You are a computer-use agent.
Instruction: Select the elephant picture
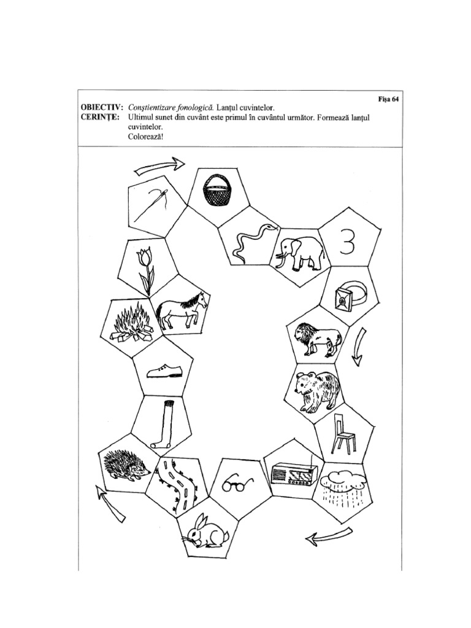299,251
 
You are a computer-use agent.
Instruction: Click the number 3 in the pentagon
347,244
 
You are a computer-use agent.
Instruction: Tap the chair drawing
344,434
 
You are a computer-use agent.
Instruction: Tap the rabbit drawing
206,532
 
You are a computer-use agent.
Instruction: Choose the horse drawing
181,310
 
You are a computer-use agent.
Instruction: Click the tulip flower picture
147,268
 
